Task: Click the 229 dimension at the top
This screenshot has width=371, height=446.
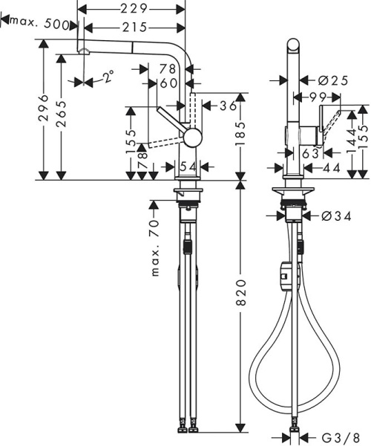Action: pyautogui.click(x=134, y=8)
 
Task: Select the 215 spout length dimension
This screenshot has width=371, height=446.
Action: pyautogui.click(x=134, y=27)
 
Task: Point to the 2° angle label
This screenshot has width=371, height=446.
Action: pyautogui.click(x=108, y=77)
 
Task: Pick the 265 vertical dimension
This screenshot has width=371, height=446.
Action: pyautogui.click(x=62, y=111)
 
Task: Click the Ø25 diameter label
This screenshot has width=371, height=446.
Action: pyautogui.click(x=330, y=80)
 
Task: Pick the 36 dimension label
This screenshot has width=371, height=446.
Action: pyautogui.click(x=227, y=105)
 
